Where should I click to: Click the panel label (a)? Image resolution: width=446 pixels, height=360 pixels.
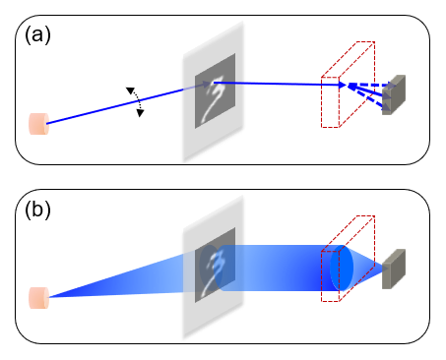(x=35, y=35)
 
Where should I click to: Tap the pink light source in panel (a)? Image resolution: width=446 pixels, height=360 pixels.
(x=38, y=124)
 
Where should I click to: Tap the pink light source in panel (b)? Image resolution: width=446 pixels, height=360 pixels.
(x=38, y=297)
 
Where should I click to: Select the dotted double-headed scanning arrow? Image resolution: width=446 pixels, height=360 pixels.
(x=135, y=100)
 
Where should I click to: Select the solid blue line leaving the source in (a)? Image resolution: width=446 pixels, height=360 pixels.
(x=108, y=106)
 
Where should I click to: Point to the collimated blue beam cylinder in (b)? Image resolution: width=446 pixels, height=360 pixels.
(x=276, y=268)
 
